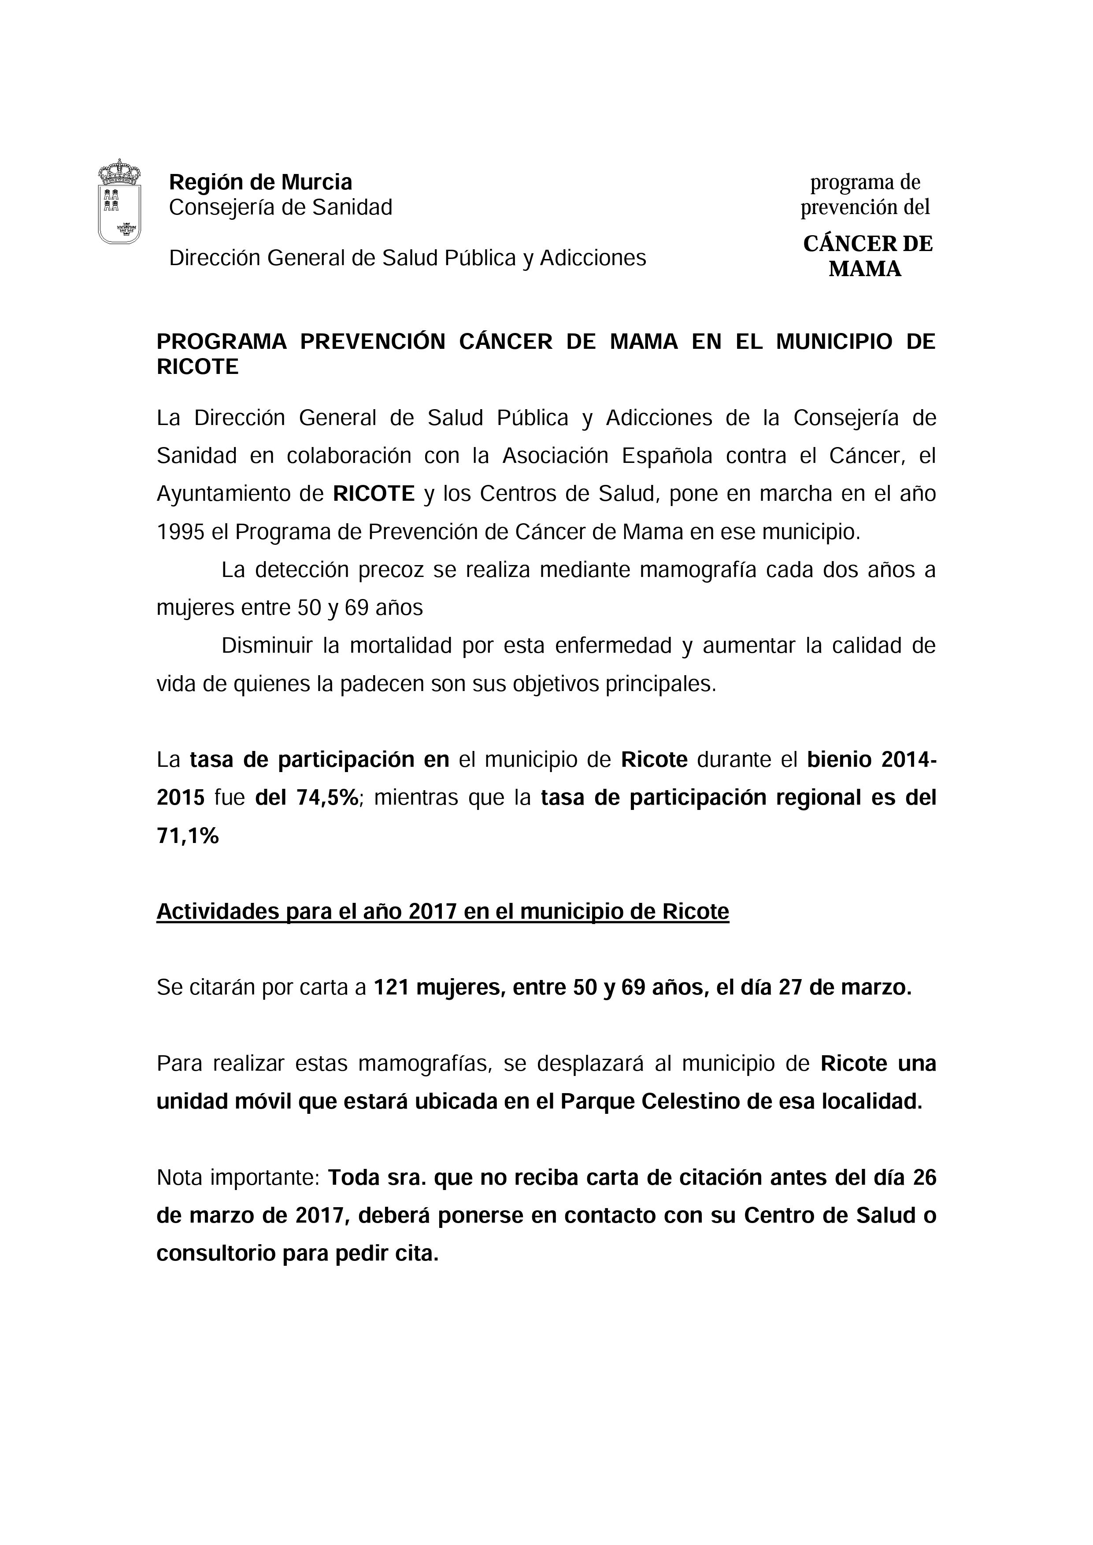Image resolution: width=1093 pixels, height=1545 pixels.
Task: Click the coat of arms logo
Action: coord(120,201)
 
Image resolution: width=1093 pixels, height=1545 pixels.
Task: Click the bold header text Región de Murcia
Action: coord(260,182)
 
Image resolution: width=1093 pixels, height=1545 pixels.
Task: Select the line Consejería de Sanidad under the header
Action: coord(280,208)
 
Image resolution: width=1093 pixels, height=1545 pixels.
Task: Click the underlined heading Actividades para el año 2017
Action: coord(442,912)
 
